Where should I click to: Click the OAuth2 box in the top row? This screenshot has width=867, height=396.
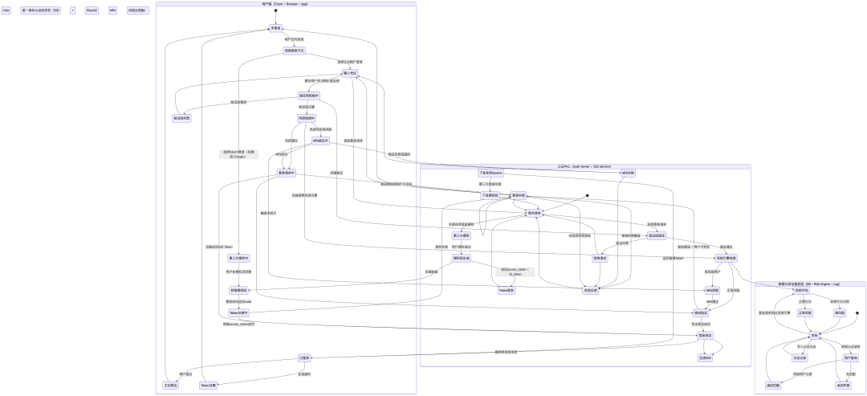click(92, 10)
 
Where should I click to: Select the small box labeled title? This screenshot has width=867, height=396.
click(6, 10)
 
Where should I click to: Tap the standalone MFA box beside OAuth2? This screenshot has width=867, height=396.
click(113, 10)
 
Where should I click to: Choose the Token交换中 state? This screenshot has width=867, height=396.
click(238, 312)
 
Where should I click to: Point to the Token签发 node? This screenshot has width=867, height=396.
click(507, 290)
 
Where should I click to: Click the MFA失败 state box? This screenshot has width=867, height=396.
click(627, 173)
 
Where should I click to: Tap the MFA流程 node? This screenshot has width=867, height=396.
click(711, 290)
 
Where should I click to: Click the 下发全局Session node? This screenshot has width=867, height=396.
click(490, 173)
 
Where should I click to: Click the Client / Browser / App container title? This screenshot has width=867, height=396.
click(285, 4)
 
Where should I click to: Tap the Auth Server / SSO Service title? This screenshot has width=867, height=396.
click(584, 165)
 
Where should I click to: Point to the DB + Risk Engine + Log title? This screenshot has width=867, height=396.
click(810, 284)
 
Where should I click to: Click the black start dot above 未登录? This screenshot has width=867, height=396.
click(275, 11)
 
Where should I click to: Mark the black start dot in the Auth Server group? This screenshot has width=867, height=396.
click(588, 195)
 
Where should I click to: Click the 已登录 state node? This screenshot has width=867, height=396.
click(305, 357)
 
